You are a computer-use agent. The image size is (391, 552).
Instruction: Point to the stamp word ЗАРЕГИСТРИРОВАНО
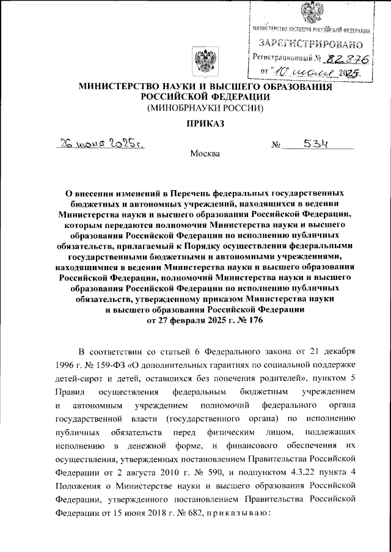(311, 44)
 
